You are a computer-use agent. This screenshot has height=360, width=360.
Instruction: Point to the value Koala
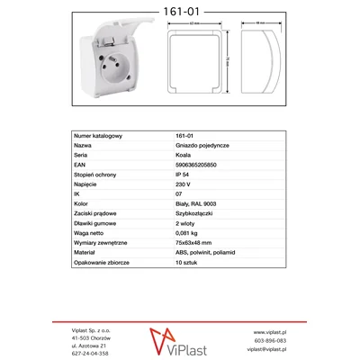184,154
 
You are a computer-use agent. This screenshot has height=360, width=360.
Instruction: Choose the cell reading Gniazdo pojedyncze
199,144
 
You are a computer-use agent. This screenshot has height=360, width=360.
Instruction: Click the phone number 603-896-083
271,341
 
